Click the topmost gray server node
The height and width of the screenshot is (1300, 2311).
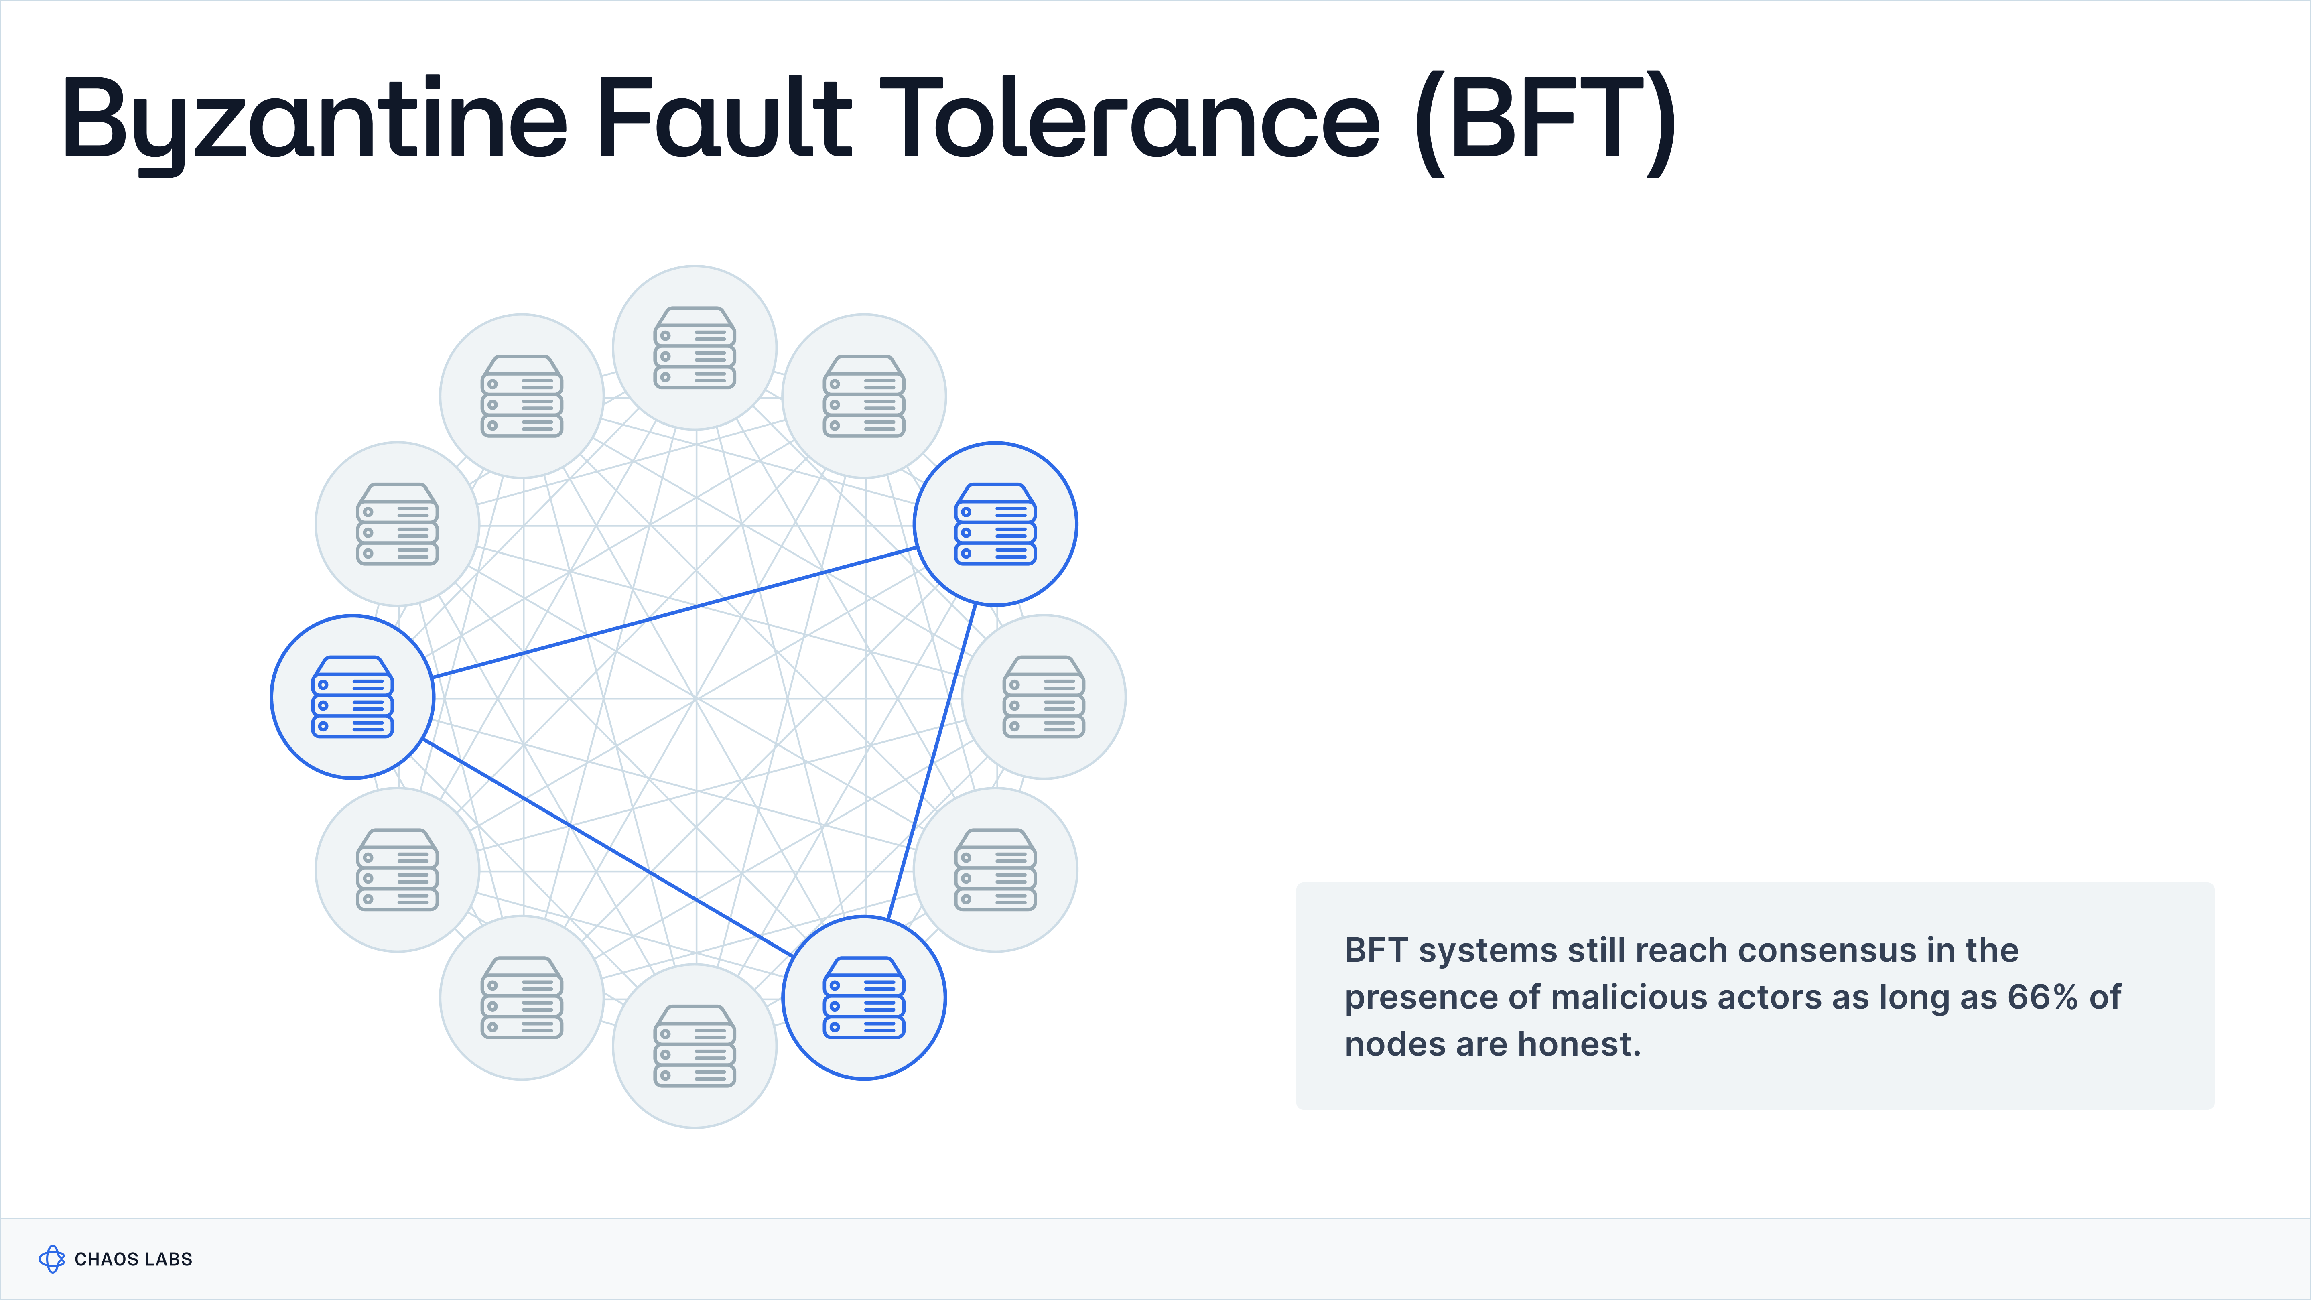click(x=695, y=347)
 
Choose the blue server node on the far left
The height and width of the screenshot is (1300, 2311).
click(x=353, y=696)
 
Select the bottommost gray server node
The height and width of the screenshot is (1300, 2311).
click(x=695, y=1046)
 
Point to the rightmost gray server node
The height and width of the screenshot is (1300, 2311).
click(x=1043, y=696)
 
